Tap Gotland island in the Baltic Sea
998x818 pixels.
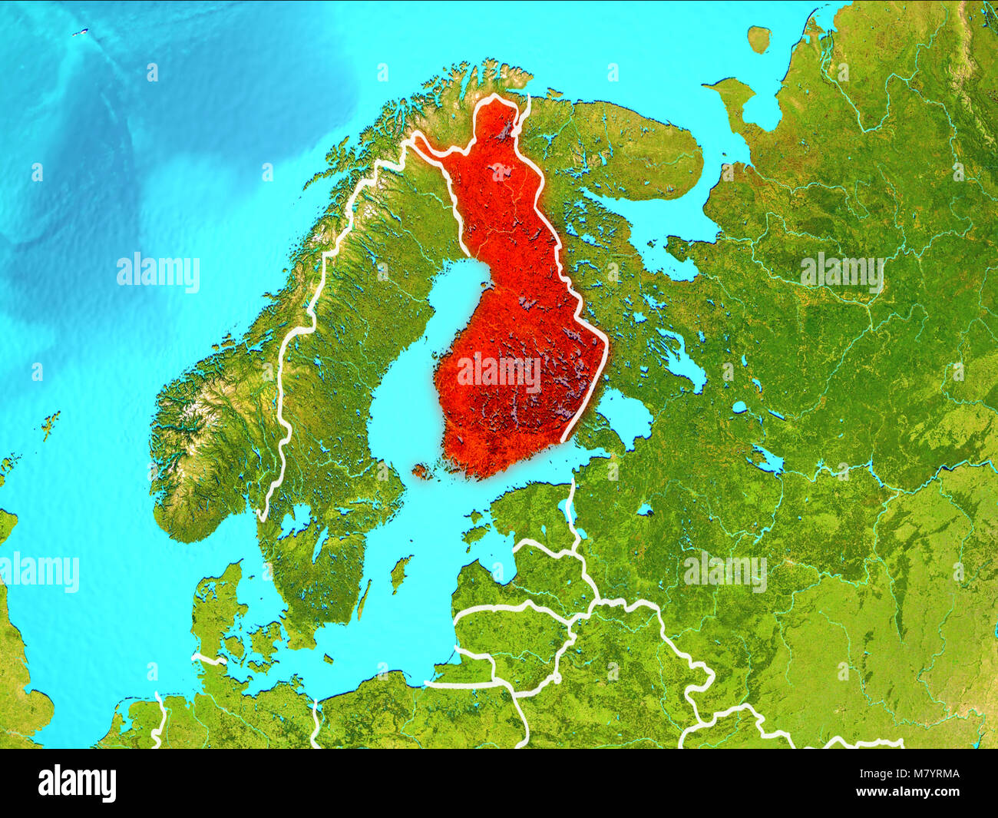398,574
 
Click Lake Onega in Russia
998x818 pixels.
685,359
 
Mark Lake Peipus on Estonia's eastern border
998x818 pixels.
569,511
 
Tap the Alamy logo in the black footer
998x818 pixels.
77,783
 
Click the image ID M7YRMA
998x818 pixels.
922,775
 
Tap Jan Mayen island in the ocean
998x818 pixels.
79,33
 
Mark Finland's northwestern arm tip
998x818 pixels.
415,139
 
